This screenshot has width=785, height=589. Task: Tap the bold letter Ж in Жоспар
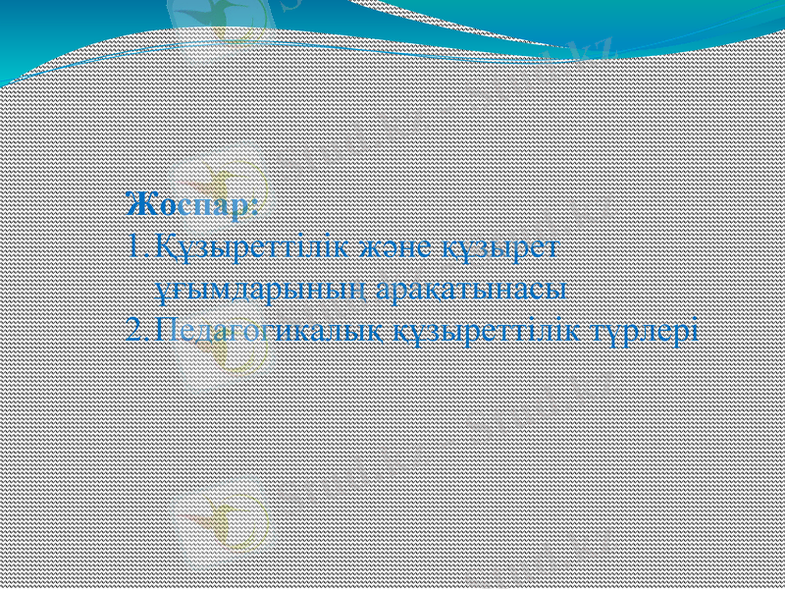point(137,207)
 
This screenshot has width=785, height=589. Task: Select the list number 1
point(134,246)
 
